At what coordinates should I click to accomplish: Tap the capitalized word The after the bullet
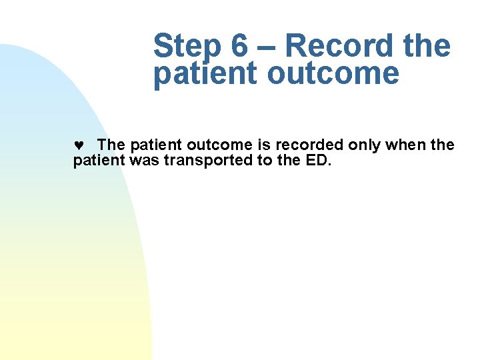(111, 145)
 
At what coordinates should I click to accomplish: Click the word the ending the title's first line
(427, 47)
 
